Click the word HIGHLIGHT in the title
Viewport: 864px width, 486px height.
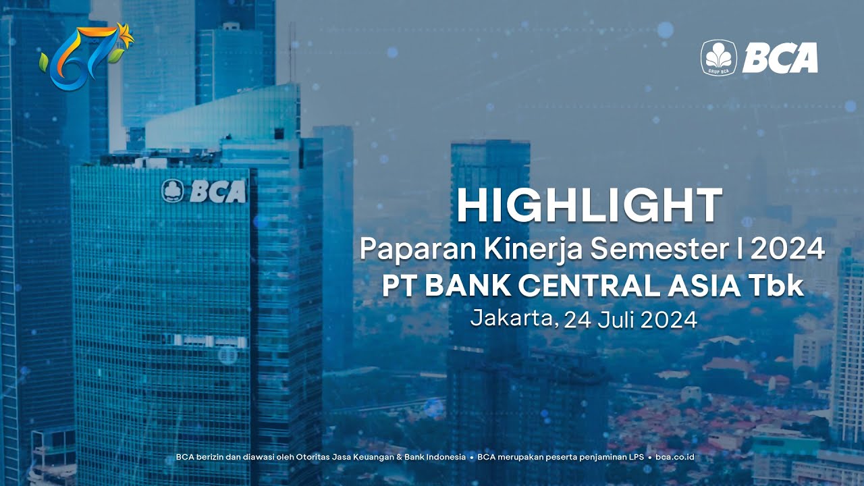[589, 206]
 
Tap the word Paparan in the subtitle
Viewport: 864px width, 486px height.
[418, 250]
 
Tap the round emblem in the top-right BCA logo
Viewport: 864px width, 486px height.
[719, 57]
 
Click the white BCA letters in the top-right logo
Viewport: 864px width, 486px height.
[780, 57]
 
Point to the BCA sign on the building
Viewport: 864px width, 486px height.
[204, 191]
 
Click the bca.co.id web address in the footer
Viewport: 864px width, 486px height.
[675, 457]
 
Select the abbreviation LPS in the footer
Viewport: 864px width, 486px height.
[636, 457]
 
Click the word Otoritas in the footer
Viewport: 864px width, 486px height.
[312, 457]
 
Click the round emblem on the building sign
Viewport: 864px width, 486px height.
[172, 191]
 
